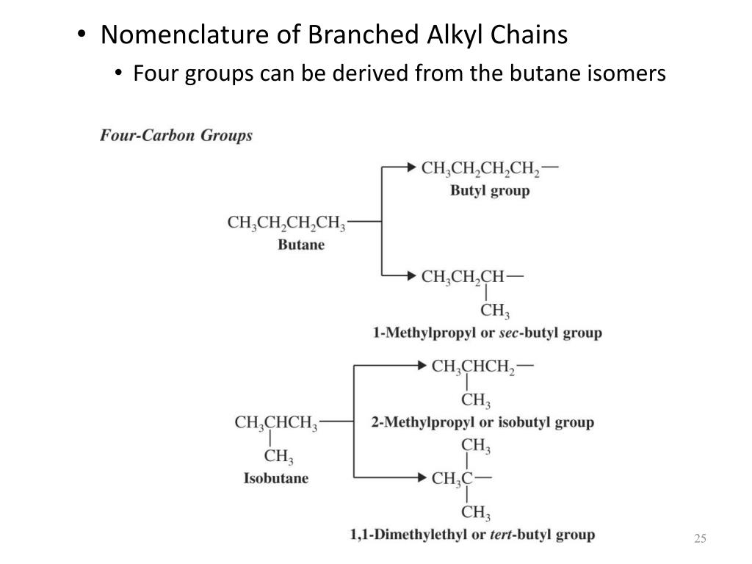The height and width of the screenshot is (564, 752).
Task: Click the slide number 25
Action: tap(699, 540)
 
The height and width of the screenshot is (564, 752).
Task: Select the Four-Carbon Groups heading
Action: tap(176, 136)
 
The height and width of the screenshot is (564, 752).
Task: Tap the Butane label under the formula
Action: tap(301, 245)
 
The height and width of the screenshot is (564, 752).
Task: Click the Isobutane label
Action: tap(276, 478)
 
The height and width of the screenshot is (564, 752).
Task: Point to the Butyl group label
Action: tap(490, 191)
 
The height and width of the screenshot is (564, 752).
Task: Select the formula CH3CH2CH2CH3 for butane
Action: tap(286, 221)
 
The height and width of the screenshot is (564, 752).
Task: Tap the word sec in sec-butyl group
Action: tap(508, 333)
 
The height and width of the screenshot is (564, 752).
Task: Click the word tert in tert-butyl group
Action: tap(502, 534)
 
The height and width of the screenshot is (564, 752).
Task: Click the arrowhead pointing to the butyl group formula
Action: tap(411, 167)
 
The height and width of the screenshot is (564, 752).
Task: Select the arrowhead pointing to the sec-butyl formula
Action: tap(411, 276)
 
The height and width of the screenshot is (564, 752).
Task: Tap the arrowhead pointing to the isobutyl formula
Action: tap(422, 365)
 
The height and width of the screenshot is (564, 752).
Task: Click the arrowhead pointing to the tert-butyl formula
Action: tap(422, 478)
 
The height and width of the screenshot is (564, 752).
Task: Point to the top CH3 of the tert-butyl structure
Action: tap(476, 446)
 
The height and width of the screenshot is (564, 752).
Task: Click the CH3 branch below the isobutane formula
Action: tap(279, 457)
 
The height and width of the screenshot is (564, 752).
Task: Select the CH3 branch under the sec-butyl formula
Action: tap(496, 311)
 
